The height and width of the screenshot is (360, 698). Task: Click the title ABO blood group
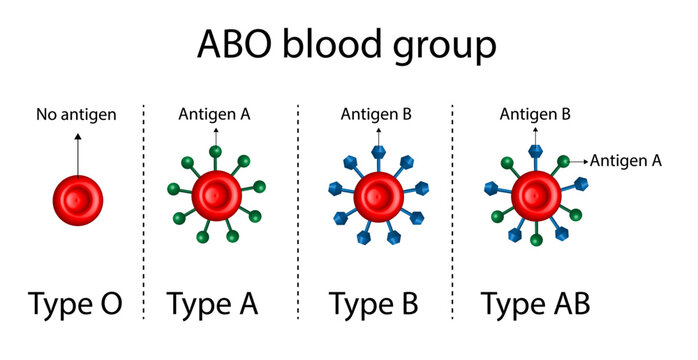[x=346, y=45]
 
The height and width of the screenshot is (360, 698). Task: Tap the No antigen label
[x=76, y=114]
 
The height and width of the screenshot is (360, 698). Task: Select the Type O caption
[x=76, y=303]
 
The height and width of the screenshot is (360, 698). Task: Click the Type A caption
[x=212, y=303]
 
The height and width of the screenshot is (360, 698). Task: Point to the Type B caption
[x=375, y=303]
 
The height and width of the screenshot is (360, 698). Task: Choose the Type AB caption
[x=535, y=303]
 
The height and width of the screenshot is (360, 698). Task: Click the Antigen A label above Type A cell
[x=214, y=114]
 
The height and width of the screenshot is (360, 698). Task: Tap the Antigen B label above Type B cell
[x=376, y=114]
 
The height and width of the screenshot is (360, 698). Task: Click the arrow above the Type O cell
[x=77, y=150]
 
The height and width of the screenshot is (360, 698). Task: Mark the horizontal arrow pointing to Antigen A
[x=578, y=159]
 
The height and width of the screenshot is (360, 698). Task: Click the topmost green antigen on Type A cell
[x=215, y=152]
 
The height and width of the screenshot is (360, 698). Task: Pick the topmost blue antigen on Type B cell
[x=378, y=150]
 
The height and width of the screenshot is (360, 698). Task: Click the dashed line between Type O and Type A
[x=145, y=210]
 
